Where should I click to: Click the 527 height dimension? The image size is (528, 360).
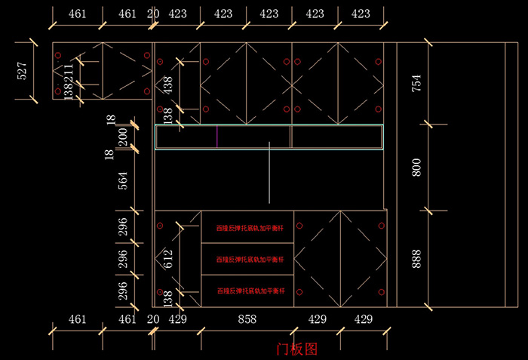[x=22, y=71]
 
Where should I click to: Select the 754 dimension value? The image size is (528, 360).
[x=416, y=83]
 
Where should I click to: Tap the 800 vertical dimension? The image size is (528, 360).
[x=416, y=167]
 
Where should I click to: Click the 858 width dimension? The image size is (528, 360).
[x=247, y=319]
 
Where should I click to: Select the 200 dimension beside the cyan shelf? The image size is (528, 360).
[x=123, y=137]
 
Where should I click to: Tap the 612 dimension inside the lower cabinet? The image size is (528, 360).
[x=168, y=259]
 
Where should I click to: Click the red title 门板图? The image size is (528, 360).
[x=297, y=349]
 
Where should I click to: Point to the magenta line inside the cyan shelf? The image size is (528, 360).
[x=217, y=136]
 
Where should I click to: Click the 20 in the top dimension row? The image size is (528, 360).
[x=153, y=14]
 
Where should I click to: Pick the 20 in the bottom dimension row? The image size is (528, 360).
[x=153, y=319]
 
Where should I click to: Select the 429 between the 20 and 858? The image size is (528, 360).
[x=177, y=319]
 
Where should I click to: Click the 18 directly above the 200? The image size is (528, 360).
[x=111, y=119]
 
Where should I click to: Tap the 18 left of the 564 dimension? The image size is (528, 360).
[x=111, y=155]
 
